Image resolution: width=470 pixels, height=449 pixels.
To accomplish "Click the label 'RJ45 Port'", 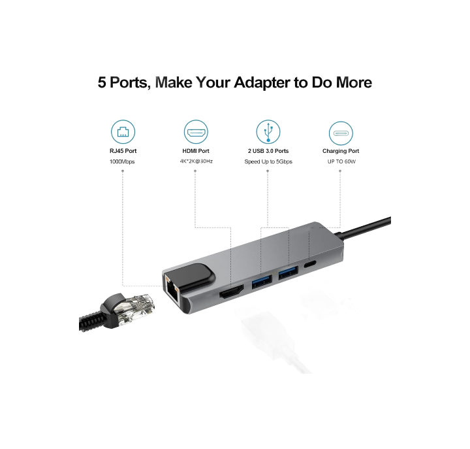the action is click(x=123, y=151).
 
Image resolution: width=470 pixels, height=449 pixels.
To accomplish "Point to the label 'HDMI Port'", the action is click(x=196, y=151).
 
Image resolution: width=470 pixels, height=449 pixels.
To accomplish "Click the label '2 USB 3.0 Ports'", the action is click(x=268, y=151).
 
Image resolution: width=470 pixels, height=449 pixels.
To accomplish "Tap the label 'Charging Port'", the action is click(x=341, y=151).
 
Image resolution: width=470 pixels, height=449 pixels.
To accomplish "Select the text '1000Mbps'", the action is click(x=122, y=161).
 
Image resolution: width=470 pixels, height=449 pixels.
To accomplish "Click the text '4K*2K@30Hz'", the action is click(x=196, y=161).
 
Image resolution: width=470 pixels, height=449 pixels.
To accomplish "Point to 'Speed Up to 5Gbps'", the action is click(x=268, y=161).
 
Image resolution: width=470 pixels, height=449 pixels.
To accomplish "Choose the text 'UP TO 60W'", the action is click(x=341, y=161).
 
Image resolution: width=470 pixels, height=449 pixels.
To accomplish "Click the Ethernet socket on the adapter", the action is click(x=172, y=290).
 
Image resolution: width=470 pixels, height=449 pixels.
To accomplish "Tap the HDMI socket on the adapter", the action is click(x=231, y=291).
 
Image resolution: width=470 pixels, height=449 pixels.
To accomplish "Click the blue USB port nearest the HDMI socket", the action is click(x=262, y=281).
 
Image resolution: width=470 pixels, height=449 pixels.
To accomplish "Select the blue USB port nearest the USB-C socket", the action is click(x=288, y=273).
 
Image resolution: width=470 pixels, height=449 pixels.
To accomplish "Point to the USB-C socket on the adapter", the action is click(x=310, y=264).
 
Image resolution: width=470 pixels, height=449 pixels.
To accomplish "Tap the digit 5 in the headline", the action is click(x=102, y=82).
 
